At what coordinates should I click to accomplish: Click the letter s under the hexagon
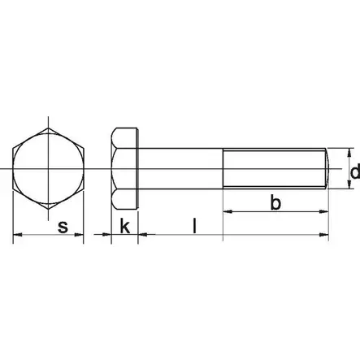63,228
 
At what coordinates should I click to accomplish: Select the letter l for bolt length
193,225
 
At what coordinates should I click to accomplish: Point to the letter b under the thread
275,203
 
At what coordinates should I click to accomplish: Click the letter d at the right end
353,172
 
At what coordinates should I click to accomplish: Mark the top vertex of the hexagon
50,127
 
